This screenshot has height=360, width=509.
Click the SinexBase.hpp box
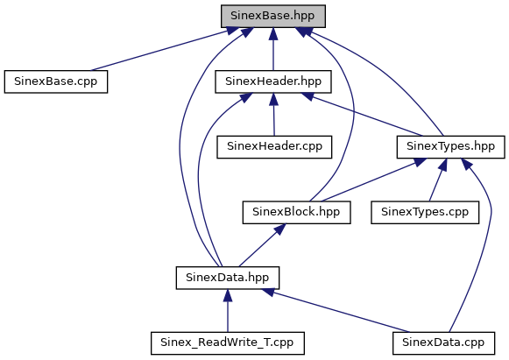(273, 16)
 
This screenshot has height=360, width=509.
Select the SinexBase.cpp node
(56, 81)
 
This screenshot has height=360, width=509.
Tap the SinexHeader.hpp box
(273, 81)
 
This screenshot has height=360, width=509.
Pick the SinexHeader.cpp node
(274, 147)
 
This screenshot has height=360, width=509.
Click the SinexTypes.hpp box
(450, 147)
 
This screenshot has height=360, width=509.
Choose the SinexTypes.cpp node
(425, 212)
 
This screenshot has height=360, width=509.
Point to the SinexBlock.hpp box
(296, 212)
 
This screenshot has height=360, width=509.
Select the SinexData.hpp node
(228, 278)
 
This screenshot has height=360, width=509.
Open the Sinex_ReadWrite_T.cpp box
(228, 343)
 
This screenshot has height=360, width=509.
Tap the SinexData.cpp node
(443, 343)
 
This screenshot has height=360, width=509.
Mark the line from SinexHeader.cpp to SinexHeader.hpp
(273, 115)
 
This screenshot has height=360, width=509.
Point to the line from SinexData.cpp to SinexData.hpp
(336, 311)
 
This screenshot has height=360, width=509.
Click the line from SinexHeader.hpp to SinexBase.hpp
(273, 49)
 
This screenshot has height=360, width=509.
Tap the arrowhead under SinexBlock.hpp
(279, 229)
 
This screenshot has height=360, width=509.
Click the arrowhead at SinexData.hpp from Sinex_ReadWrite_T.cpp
(228, 296)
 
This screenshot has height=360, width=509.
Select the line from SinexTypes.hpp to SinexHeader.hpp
(363, 115)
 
